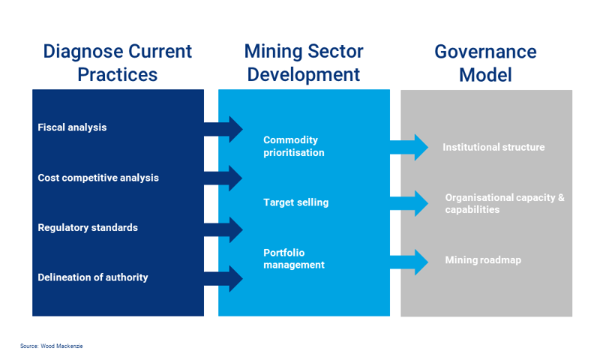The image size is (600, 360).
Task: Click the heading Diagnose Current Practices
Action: coord(117,63)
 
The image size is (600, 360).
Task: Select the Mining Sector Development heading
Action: coord(304,63)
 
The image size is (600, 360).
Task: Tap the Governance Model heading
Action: coord(485,63)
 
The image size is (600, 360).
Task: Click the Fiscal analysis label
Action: coord(72,127)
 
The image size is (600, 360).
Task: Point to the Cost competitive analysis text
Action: coord(98,178)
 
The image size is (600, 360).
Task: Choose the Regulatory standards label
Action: coord(88,227)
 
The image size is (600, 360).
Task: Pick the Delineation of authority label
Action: coord(93,277)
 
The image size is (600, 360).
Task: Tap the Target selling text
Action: coord(295,202)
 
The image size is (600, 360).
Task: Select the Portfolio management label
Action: coord(294,259)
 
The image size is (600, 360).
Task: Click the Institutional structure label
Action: coord(493,147)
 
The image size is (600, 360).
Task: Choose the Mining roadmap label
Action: coord(482,260)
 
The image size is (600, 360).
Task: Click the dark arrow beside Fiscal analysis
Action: coord(224,129)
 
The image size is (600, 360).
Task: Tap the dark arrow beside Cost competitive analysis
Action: coord(224,178)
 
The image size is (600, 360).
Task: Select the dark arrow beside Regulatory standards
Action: coord(224,229)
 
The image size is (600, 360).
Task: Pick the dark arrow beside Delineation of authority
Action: coord(224,279)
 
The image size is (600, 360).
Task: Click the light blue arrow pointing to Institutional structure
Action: coord(409,147)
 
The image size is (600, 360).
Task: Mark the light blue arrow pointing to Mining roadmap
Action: coord(409,261)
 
